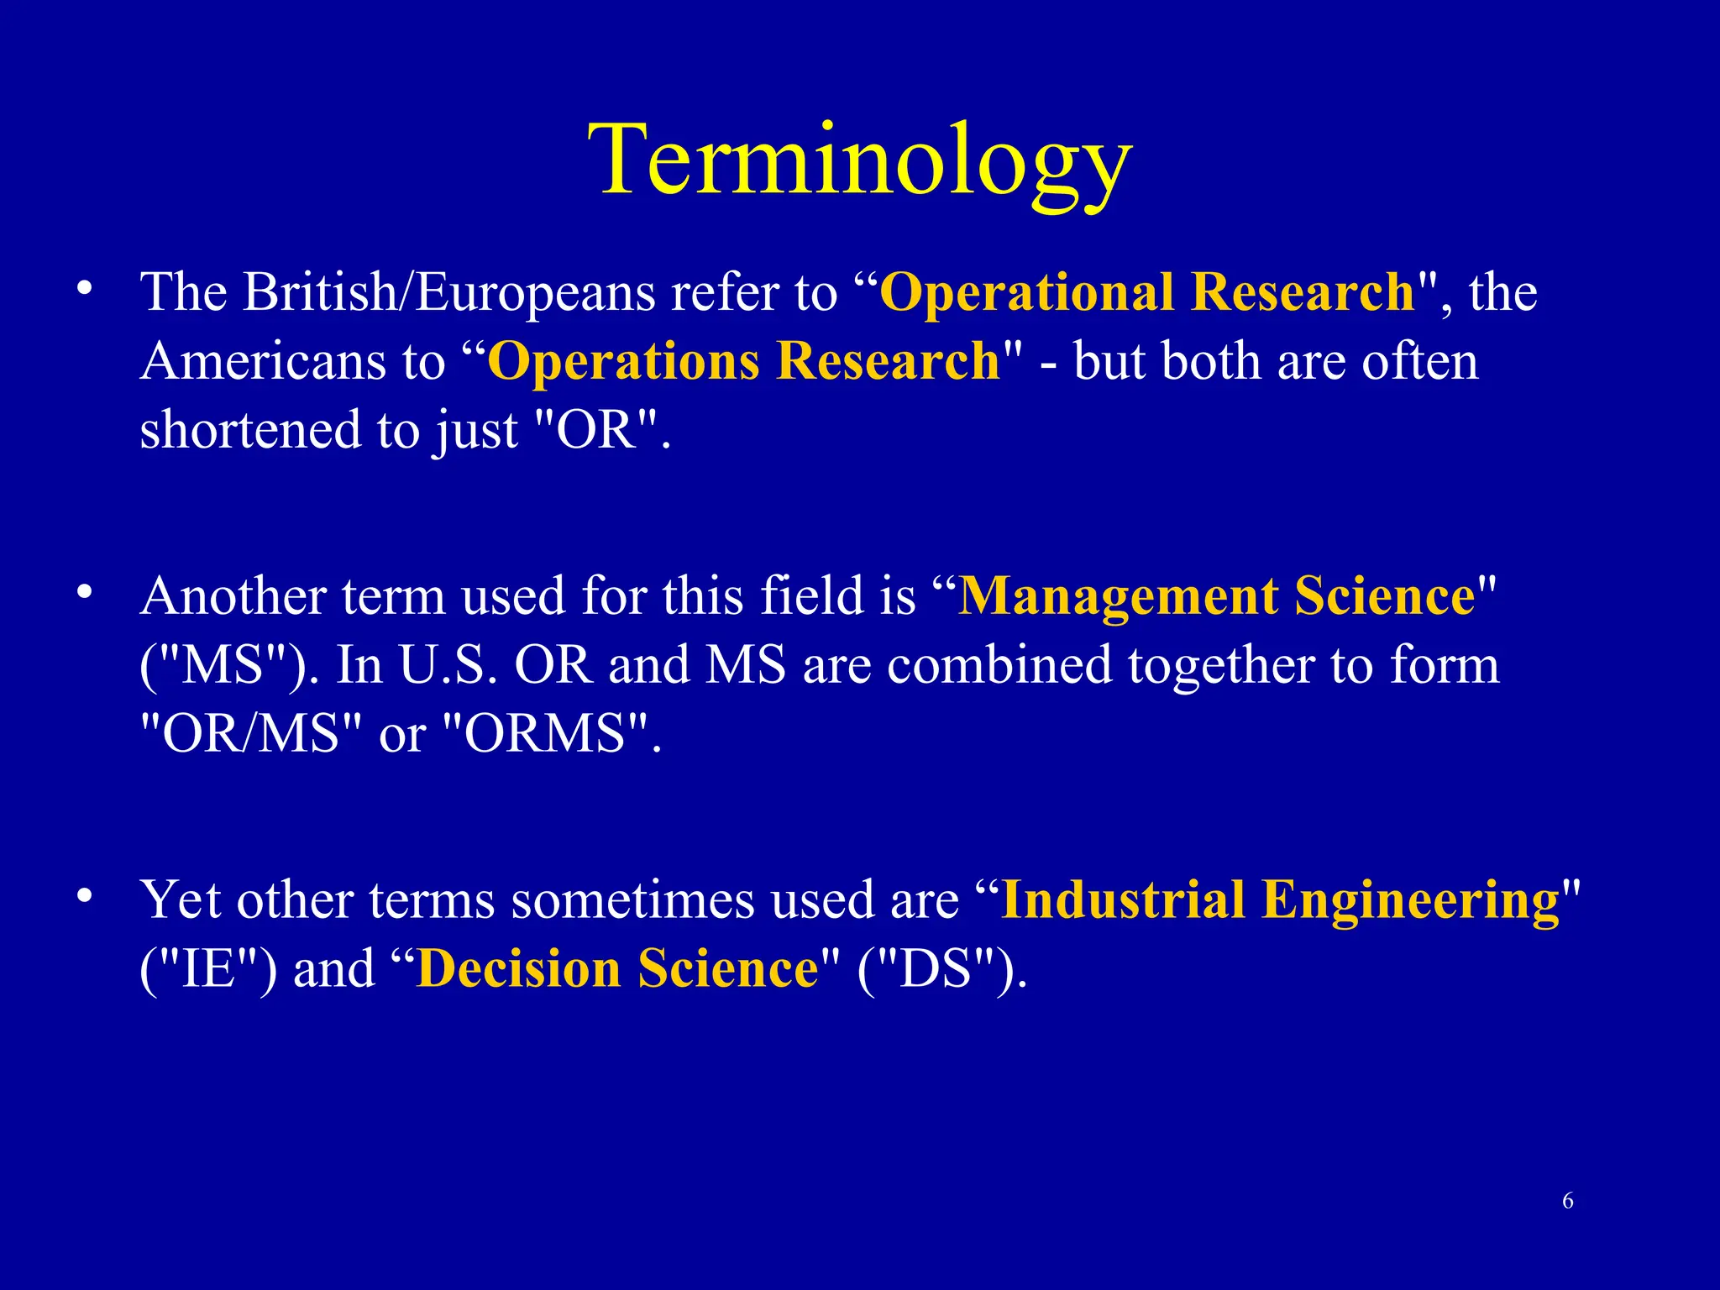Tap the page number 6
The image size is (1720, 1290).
pos(1567,1201)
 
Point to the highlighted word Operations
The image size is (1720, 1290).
pos(623,361)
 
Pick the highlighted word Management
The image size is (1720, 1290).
pos(1117,596)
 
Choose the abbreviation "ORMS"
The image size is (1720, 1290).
pos(545,733)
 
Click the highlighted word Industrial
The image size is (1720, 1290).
pos(1123,900)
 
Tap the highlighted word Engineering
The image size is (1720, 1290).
pos(1411,900)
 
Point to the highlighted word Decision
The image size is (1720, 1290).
pos(518,968)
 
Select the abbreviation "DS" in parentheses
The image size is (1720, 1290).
pos(941,968)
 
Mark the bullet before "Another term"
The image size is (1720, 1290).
pos(83,592)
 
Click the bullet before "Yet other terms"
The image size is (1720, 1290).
pos(83,895)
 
